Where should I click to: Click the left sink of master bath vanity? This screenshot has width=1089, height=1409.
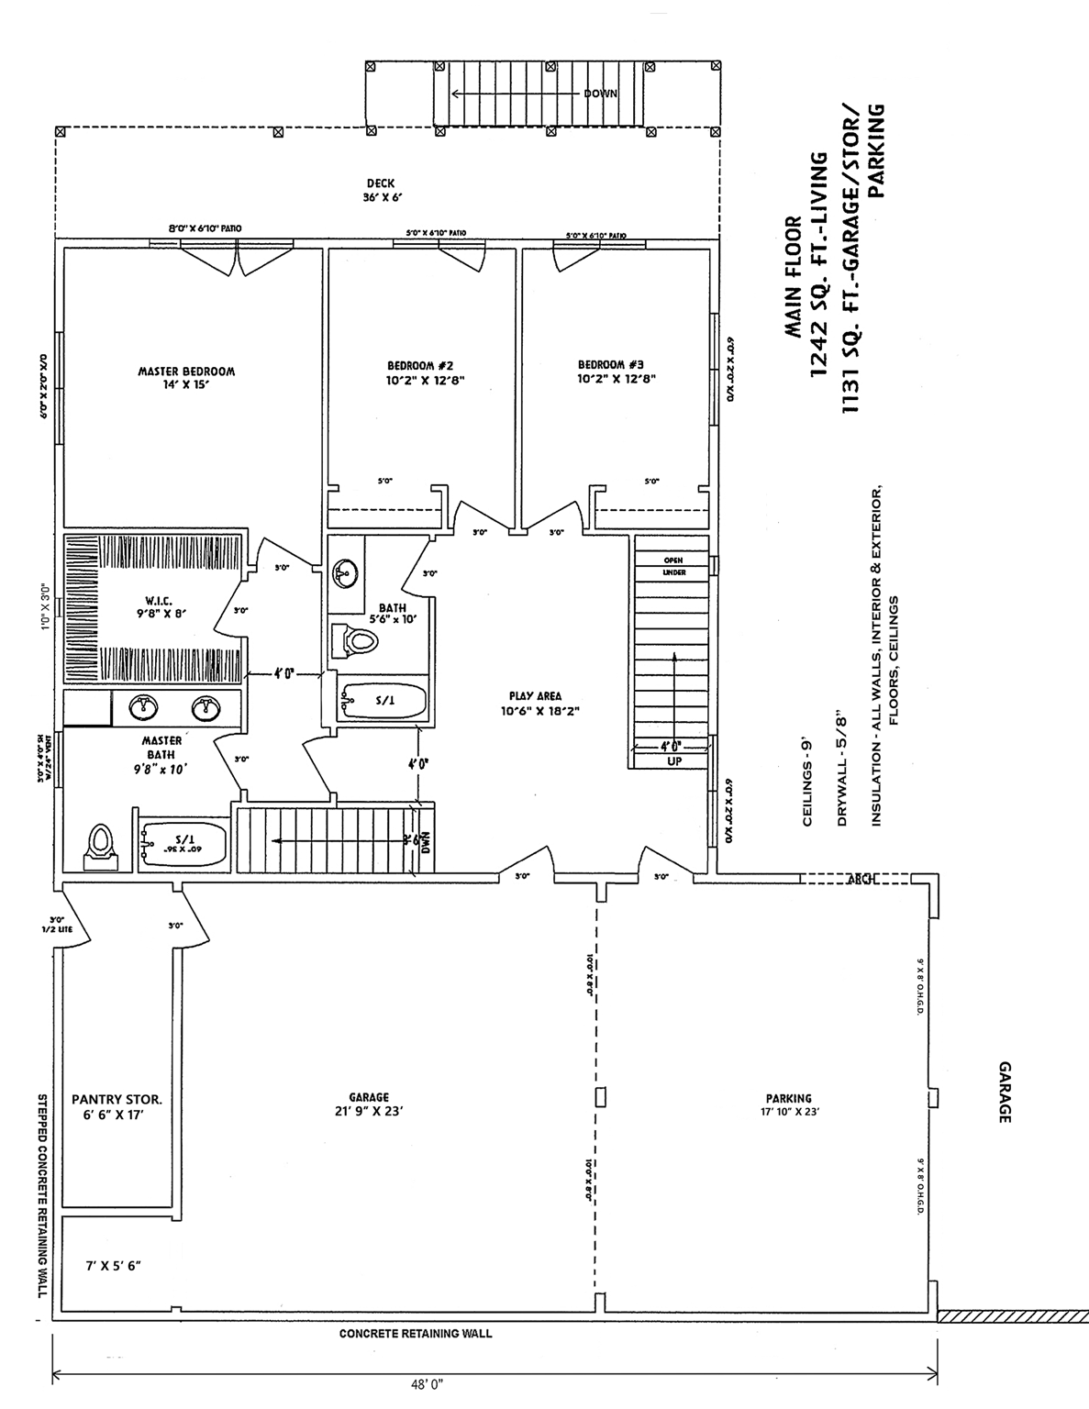click(142, 708)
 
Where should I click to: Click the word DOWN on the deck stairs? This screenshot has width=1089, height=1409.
click(600, 94)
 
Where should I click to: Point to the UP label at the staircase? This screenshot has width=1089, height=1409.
click(674, 760)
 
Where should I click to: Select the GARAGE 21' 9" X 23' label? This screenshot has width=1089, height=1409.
click(368, 1104)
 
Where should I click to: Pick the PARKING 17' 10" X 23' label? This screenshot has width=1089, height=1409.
click(788, 1104)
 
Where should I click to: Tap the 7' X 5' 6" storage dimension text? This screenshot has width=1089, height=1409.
click(113, 1265)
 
